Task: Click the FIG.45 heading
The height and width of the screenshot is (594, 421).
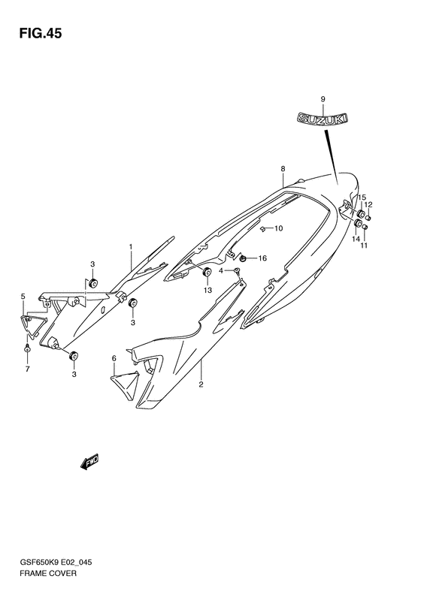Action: click(x=40, y=34)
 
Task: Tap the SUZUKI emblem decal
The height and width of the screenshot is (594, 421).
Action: click(x=323, y=118)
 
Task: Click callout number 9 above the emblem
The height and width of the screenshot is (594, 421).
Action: click(x=323, y=99)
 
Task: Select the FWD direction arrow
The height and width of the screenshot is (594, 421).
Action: click(x=89, y=461)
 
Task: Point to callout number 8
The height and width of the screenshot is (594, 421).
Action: click(x=283, y=168)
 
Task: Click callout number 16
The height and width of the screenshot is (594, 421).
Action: click(x=262, y=258)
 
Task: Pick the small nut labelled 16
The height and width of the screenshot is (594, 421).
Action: click(x=243, y=258)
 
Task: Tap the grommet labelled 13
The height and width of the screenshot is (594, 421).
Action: click(x=207, y=272)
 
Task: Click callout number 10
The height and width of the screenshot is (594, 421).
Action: click(x=278, y=228)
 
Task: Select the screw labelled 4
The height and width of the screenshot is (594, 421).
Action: click(x=237, y=270)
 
